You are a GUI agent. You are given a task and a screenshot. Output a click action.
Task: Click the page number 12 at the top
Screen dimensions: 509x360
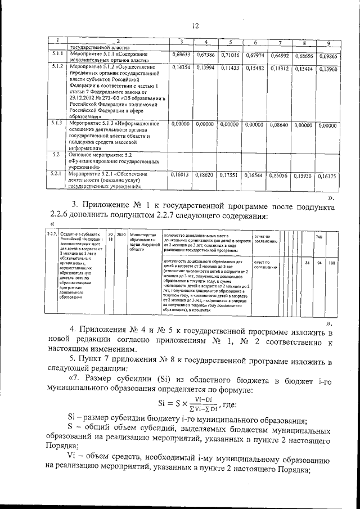coord(196,25)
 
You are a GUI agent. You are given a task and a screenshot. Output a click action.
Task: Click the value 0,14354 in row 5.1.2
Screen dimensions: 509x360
coord(180,67)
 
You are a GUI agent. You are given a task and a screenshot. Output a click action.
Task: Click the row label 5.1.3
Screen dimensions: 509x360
coord(56,122)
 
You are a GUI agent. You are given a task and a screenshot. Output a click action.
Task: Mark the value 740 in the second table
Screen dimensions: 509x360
coord(319,237)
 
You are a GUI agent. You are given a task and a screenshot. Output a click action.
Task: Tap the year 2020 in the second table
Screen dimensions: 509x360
coord(121,233)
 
